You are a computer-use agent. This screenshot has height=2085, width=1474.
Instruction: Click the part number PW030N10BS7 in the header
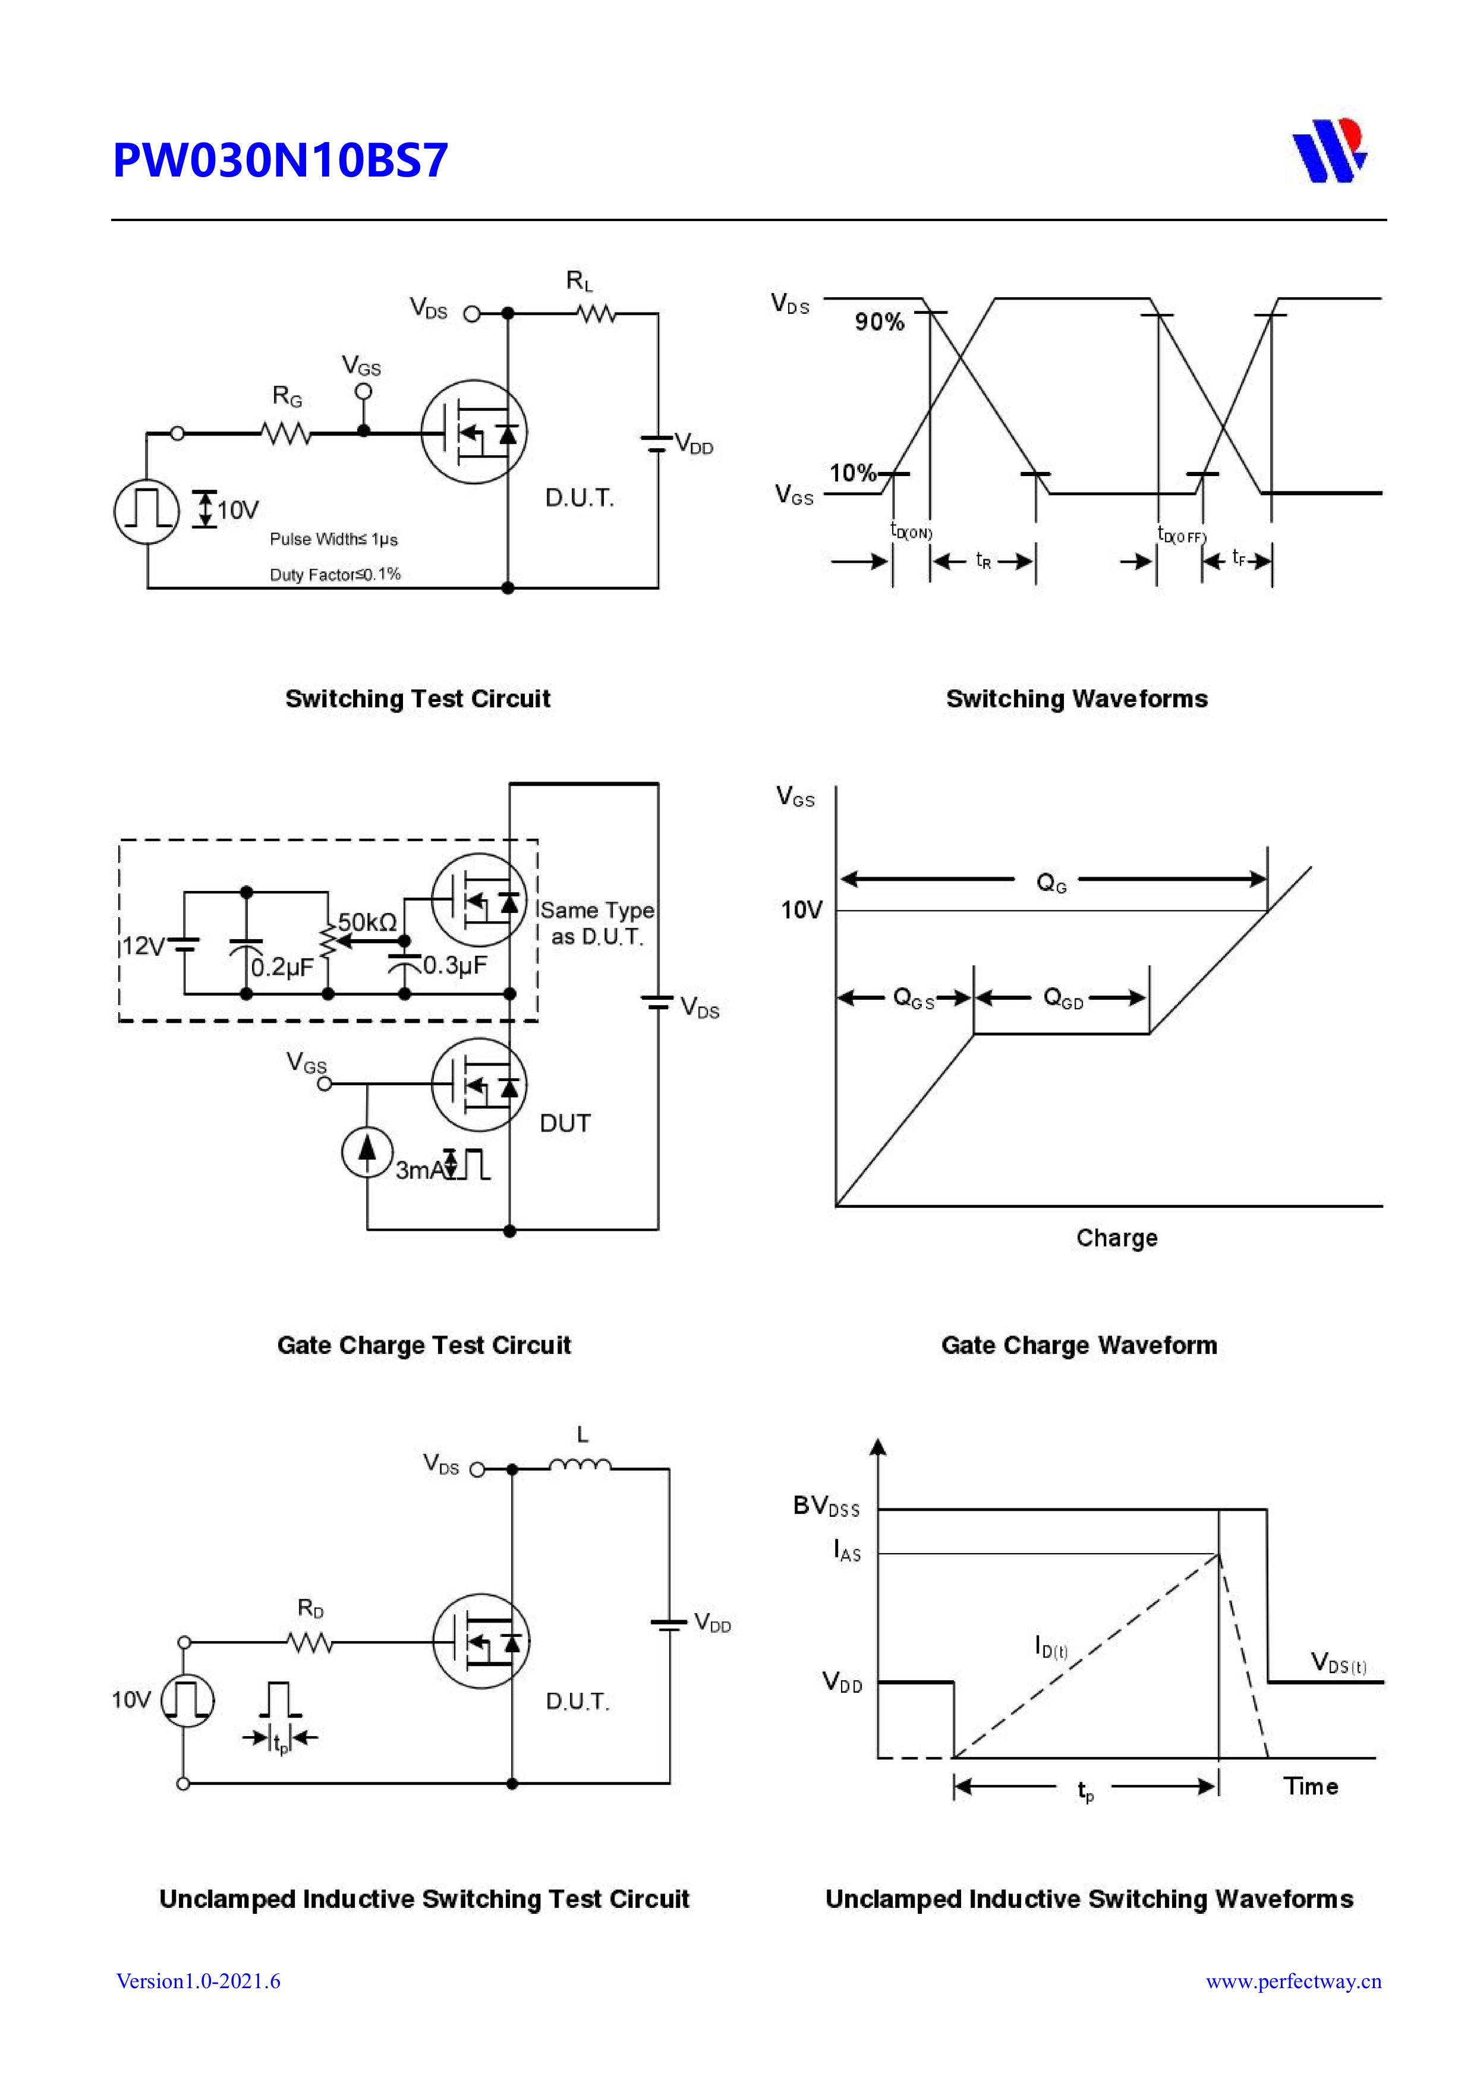(x=280, y=160)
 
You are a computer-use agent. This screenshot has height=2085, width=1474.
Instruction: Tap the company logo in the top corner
(x=1329, y=151)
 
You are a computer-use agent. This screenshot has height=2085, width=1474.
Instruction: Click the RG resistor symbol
(x=286, y=434)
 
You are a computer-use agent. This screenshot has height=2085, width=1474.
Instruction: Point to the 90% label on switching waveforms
(x=878, y=322)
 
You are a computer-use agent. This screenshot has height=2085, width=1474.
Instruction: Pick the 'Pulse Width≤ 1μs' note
(x=333, y=540)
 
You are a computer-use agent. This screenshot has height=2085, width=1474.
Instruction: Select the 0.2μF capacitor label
(x=282, y=968)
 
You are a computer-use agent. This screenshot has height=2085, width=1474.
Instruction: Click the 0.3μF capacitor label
(x=454, y=965)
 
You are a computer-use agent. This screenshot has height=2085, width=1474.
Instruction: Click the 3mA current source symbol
(x=367, y=1151)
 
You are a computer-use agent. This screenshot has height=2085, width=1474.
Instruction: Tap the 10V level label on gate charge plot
(x=801, y=910)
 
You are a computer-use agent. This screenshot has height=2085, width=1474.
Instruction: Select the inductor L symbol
(x=579, y=1464)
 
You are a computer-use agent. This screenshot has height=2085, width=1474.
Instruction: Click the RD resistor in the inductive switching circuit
(x=310, y=1642)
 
